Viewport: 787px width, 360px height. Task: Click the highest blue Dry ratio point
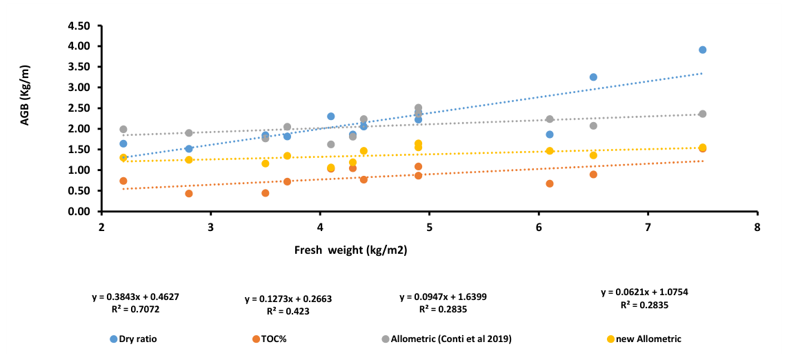click(x=702, y=50)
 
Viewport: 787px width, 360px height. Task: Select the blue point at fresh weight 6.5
click(x=593, y=77)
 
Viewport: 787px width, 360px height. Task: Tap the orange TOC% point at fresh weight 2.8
click(x=189, y=193)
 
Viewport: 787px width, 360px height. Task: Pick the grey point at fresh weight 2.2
click(x=123, y=129)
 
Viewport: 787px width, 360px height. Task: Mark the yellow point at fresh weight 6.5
click(x=593, y=155)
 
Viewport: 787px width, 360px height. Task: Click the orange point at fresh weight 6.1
click(x=550, y=183)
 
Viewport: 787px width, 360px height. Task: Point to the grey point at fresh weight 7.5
click(x=702, y=114)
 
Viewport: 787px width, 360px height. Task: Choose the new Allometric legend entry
click(x=644, y=339)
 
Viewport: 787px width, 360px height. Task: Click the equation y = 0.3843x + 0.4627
click(x=134, y=297)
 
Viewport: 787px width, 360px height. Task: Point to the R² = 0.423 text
click(x=288, y=311)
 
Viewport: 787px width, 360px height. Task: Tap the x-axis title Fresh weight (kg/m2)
click(x=350, y=251)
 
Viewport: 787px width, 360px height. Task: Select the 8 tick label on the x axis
click(x=757, y=226)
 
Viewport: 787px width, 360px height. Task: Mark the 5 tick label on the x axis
click(x=429, y=226)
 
